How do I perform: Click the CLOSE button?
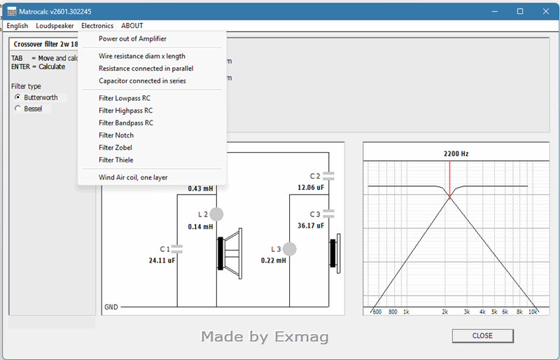(482, 335)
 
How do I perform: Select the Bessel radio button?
(17, 109)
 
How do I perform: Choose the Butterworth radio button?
(17, 97)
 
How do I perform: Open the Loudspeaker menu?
(55, 26)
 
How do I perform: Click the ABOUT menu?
(132, 26)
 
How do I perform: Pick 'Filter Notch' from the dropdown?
(116, 135)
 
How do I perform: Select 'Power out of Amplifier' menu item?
(132, 39)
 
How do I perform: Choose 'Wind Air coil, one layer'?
(133, 177)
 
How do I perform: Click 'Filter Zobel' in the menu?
(115, 148)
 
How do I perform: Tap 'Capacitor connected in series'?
(143, 81)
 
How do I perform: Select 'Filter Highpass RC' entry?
(126, 111)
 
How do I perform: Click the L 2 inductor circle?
(216, 214)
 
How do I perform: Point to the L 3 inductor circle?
(289, 249)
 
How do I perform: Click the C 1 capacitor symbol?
(177, 249)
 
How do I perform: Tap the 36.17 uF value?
(311, 226)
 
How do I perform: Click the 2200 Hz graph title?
(456, 153)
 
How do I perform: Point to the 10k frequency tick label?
(533, 312)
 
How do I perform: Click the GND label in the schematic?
(111, 307)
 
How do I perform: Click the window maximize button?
(520, 11)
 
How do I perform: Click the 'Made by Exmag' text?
(265, 337)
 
